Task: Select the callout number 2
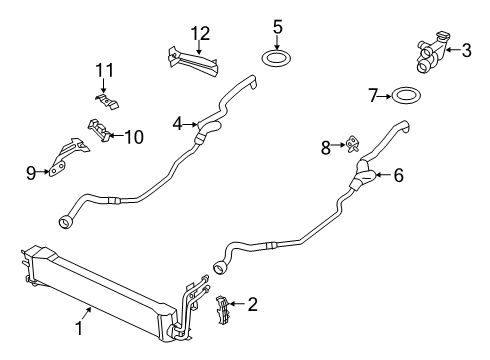253,303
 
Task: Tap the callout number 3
467,48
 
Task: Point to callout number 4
177,124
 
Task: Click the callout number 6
398,175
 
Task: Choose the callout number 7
373,96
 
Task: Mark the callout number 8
326,147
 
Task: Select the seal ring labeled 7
405,96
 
